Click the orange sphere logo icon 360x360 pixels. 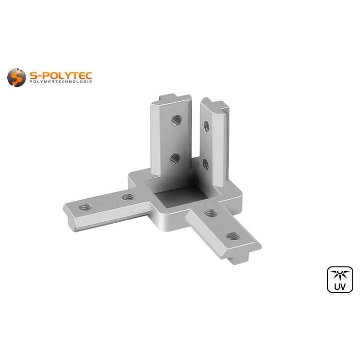pos(16,77)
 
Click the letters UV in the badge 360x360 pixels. pos(340,287)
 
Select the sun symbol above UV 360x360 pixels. pos(340,275)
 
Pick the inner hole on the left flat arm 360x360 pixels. pos(128,197)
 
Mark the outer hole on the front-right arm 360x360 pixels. pos(233,236)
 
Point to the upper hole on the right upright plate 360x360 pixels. pos(206,126)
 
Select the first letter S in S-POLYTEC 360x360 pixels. pos(32,75)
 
